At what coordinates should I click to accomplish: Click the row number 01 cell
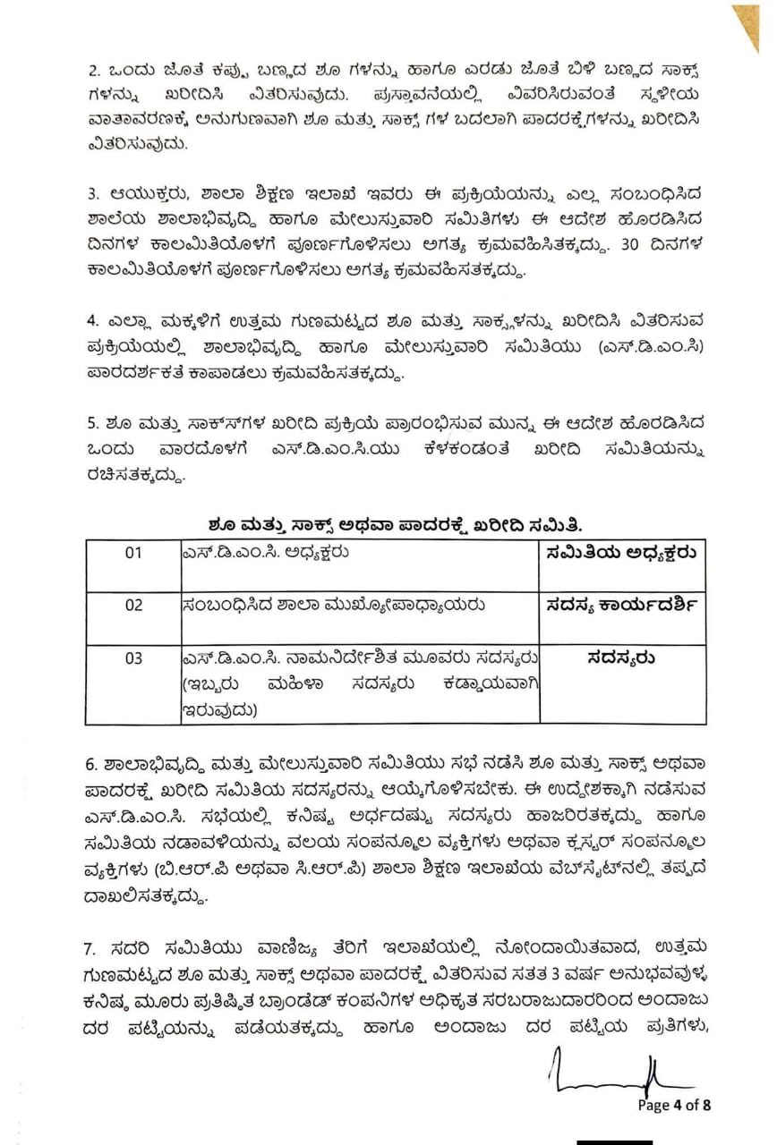pos(132,553)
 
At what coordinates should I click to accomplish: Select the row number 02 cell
pos(132,606)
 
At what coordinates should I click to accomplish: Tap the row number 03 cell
pos(132,658)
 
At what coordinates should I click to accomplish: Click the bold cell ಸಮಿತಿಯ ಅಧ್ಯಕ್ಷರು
pos(621,553)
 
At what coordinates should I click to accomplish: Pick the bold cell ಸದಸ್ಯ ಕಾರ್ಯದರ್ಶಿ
pos(621,606)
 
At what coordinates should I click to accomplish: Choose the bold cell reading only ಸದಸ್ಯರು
pos(621,658)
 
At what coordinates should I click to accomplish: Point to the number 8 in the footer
pos(707,1105)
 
